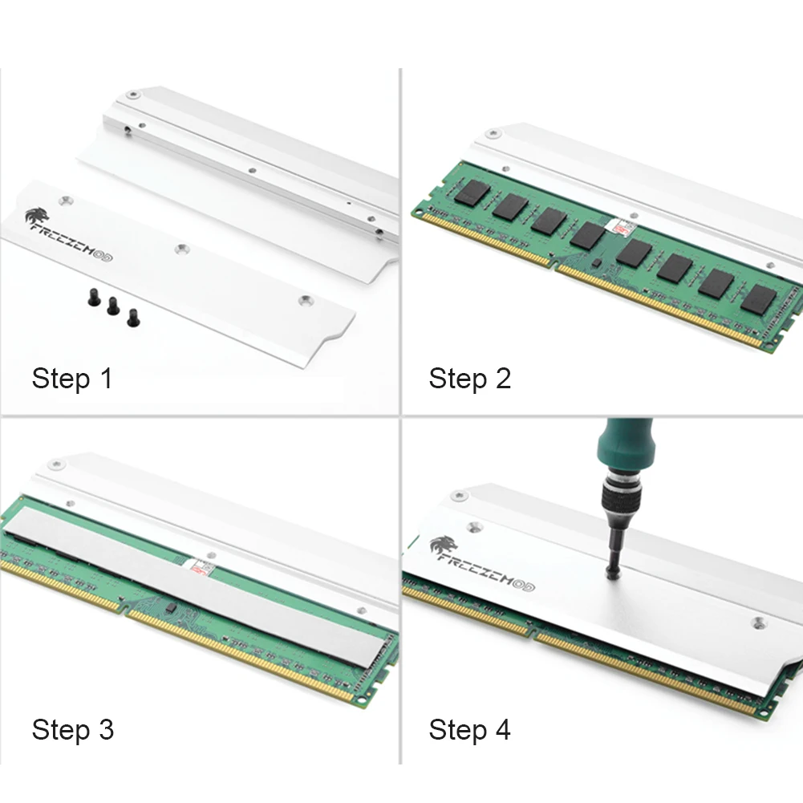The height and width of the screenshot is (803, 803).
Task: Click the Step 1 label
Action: [x=71, y=379]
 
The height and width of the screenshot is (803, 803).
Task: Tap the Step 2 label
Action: [x=469, y=379]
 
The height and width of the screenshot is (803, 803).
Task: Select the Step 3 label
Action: [x=72, y=729]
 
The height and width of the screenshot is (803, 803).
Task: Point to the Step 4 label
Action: [x=469, y=729]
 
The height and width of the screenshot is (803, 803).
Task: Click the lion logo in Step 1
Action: [x=38, y=216]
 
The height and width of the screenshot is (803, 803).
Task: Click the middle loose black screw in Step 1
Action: [x=113, y=306]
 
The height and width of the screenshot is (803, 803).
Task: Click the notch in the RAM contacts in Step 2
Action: [x=554, y=266]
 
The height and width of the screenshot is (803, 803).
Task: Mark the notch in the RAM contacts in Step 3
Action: [x=124, y=611]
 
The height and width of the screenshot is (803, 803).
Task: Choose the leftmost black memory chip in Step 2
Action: [x=472, y=193]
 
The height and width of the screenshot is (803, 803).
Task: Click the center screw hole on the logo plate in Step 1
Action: [x=182, y=250]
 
